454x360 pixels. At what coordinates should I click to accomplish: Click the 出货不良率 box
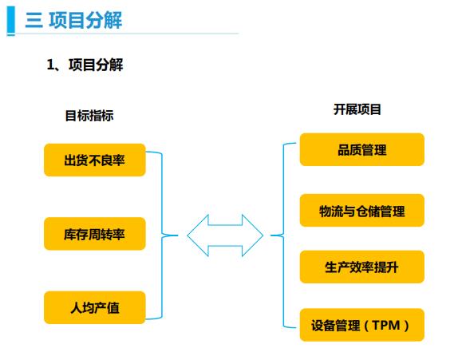[x=95, y=160]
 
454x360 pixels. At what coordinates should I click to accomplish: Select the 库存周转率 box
[x=95, y=234]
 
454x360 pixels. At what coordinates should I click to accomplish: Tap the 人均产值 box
[x=95, y=307]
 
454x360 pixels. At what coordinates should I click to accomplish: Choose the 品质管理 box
[x=362, y=149]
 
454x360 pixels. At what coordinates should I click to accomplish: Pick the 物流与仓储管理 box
[x=362, y=210]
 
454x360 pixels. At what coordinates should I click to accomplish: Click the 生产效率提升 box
[x=362, y=267]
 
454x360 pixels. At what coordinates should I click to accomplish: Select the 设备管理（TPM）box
[x=362, y=325]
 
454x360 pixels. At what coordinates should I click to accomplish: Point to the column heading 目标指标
[x=89, y=116]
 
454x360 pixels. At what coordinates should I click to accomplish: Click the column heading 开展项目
[x=357, y=109]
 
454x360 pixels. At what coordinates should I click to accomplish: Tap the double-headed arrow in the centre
[x=225, y=235]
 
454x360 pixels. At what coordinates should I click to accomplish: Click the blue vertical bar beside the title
[x=11, y=20]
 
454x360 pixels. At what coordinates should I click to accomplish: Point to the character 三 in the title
[x=34, y=21]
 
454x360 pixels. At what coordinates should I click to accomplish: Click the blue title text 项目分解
[x=85, y=20]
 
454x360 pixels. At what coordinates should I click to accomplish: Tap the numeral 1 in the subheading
[x=50, y=65]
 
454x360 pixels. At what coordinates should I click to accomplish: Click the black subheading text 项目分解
[x=96, y=65]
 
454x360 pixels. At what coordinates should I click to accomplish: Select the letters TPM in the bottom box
[x=386, y=325]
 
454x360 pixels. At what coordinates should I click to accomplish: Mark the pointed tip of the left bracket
[x=177, y=235]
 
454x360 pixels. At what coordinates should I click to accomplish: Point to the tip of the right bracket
[x=271, y=235]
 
